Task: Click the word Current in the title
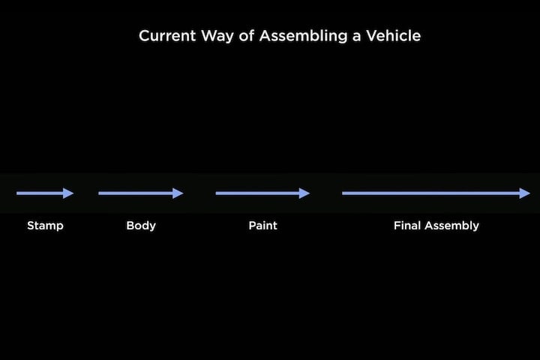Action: (167, 36)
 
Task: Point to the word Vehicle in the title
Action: (393, 36)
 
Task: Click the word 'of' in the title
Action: (247, 36)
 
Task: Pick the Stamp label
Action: (45, 226)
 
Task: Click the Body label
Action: (141, 226)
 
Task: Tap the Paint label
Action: (262, 226)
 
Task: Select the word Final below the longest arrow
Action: (407, 226)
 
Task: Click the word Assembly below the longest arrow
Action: (451, 226)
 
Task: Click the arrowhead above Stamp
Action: (68, 193)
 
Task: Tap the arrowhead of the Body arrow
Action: (178, 193)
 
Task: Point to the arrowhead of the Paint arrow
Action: (304, 193)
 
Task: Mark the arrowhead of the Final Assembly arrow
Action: (524, 193)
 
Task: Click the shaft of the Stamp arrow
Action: (40, 193)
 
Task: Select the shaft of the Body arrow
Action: (136, 193)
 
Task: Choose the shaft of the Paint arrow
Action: (257, 193)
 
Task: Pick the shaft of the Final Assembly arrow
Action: (430, 193)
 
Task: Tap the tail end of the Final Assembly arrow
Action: (343, 193)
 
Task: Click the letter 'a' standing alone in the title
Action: (356, 37)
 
